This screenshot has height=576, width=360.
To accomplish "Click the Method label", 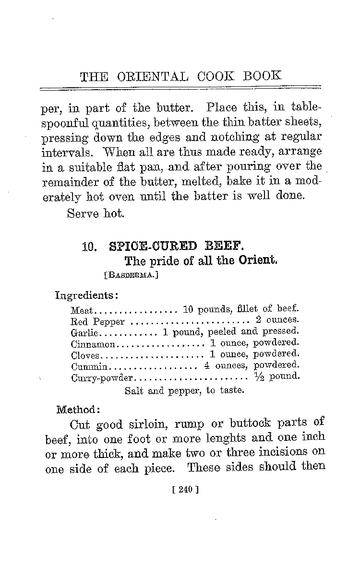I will click(x=78, y=410).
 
